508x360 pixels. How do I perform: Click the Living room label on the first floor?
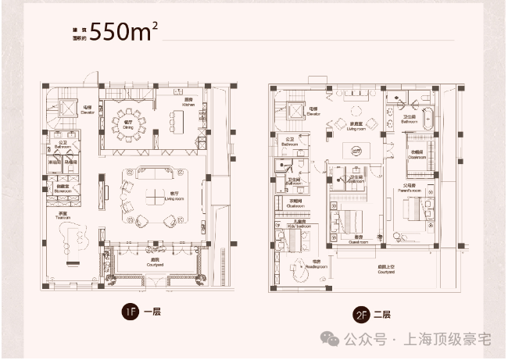(170, 199)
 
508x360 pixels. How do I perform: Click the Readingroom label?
(317, 265)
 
